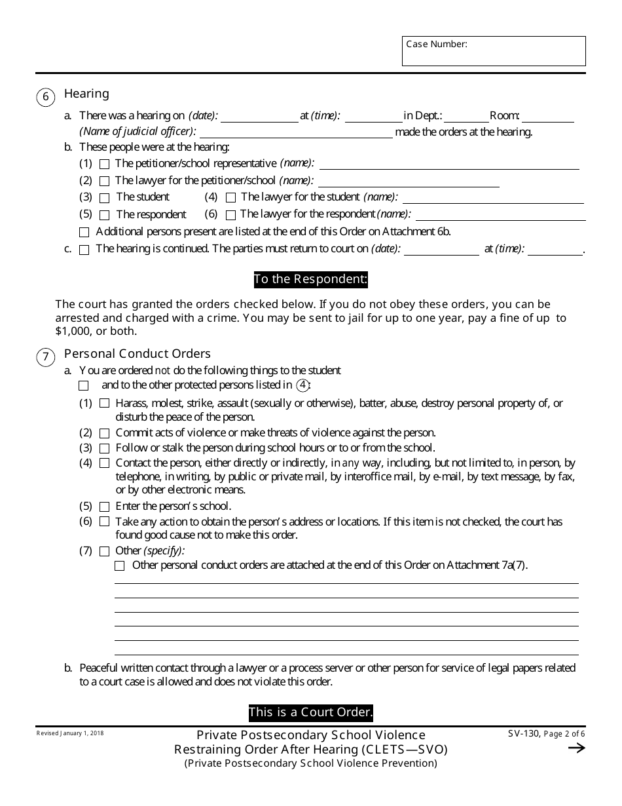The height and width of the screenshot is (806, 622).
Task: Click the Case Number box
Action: point(494,51)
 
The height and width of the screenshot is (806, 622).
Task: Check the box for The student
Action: point(105,197)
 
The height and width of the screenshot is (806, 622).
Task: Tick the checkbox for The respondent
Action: point(105,215)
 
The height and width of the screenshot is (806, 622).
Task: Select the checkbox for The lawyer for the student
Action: point(230,197)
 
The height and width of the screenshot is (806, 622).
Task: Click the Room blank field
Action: point(547,117)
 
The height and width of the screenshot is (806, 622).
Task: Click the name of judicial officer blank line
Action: point(296,132)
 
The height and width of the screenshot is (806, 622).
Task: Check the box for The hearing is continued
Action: point(84,250)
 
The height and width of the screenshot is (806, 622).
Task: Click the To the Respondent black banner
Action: point(311,279)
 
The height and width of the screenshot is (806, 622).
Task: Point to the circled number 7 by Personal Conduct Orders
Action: point(45,358)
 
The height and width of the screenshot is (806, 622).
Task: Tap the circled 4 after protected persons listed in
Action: point(302,385)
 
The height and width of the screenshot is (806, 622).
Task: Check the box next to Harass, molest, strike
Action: point(105,404)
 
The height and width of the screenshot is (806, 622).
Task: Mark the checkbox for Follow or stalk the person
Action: point(105,449)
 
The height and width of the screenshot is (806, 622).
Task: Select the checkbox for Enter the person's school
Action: point(105,507)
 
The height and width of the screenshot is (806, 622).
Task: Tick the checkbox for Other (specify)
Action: point(105,551)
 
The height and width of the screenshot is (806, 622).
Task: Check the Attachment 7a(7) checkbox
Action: point(120,566)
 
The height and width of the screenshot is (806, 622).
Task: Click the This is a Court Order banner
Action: point(311,712)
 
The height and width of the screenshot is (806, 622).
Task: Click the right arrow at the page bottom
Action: point(576,748)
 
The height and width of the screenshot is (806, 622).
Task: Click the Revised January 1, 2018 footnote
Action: point(70,733)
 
